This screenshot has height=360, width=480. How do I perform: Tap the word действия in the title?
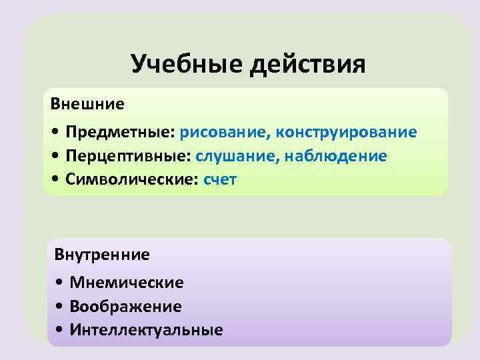point(309,64)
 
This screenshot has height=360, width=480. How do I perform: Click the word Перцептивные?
point(129,156)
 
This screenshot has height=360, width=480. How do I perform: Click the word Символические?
point(133,180)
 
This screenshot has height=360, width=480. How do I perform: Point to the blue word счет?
point(220,180)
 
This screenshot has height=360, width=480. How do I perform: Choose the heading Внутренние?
point(102,254)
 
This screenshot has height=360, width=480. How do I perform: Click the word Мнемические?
point(127,283)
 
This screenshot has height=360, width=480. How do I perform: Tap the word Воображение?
point(125,307)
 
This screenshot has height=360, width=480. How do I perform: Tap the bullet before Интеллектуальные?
point(61,331)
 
